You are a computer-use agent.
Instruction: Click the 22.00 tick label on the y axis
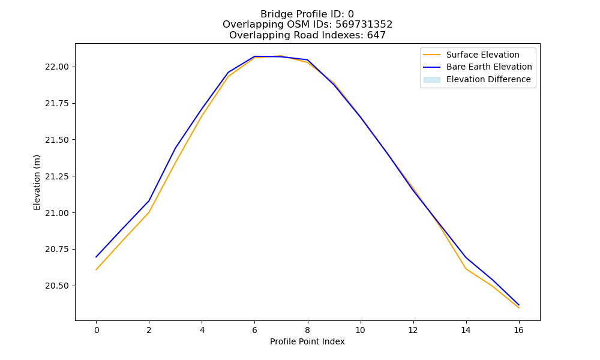coord(57,67)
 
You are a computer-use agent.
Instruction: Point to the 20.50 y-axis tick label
coord(57,286)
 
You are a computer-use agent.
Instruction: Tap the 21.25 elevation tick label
coord(57,176)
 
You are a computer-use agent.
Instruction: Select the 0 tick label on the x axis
coord(97,330)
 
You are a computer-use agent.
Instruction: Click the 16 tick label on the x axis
coord(518,330)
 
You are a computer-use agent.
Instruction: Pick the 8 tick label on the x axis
coord(307,330)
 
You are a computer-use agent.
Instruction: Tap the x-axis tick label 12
coord(413,330)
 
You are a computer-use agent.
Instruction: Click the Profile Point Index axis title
coord(307,341)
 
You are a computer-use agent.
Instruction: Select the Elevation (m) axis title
coord(37,182)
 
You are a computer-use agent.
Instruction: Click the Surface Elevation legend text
coord(483,55)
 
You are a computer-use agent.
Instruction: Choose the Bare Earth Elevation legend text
coord(489,67)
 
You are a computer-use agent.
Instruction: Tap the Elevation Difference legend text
coord(488,79)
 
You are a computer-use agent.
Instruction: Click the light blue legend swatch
coord(432,80)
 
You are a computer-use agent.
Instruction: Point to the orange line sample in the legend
coord(432,55)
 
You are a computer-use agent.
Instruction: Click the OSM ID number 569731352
coord(364,25)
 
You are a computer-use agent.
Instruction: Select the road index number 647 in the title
coord(376,35)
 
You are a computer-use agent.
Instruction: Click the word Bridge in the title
coord(274,14)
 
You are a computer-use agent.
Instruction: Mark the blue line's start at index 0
coord(96,257)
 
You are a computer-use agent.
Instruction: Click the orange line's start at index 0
coord(96,270)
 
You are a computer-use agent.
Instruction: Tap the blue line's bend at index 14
coord(466,257)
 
